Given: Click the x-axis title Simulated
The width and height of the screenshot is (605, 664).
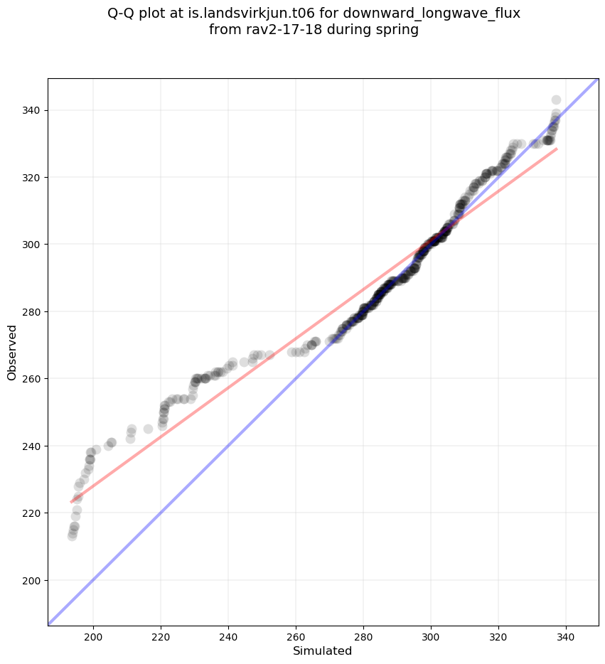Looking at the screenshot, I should pos(323,650).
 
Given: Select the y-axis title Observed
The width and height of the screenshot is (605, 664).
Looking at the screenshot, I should pos(12,352).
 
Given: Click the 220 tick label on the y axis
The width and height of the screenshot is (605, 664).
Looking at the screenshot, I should pos(31,513).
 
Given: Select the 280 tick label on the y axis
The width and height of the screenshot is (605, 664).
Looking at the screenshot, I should pos(31,311).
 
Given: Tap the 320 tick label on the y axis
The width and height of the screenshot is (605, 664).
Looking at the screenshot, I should pos(31,177).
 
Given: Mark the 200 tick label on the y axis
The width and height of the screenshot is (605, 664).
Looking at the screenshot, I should pos(31,580).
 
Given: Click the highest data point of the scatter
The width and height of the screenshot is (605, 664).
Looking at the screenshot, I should pos(556,100).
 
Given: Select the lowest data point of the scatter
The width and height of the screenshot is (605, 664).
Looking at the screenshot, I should pos(72,536).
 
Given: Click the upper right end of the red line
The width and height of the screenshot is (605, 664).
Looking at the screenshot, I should pos(557,149).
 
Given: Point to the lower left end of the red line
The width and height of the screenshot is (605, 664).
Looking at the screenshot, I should pos(71,502).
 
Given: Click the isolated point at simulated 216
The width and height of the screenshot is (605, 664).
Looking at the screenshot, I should pos(148,429).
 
